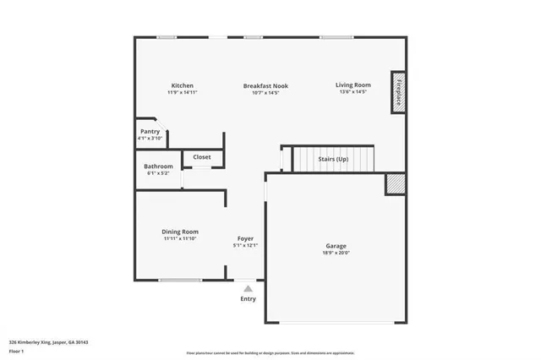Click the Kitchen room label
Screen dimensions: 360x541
183,85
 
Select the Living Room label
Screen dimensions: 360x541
352,85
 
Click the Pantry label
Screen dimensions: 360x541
150,132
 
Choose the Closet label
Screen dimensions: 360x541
202,157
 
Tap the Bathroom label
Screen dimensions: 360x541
158,166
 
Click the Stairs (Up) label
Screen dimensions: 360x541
332,159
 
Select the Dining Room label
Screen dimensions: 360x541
180,232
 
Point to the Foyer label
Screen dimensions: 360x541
245,238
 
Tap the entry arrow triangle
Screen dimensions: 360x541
248,288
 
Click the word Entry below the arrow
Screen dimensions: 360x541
248,298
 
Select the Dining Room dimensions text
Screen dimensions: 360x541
180,239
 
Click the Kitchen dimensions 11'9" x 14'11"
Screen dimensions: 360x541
183,93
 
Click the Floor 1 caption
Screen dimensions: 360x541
15,350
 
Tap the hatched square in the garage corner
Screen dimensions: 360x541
395,183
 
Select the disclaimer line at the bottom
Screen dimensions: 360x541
270,353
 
